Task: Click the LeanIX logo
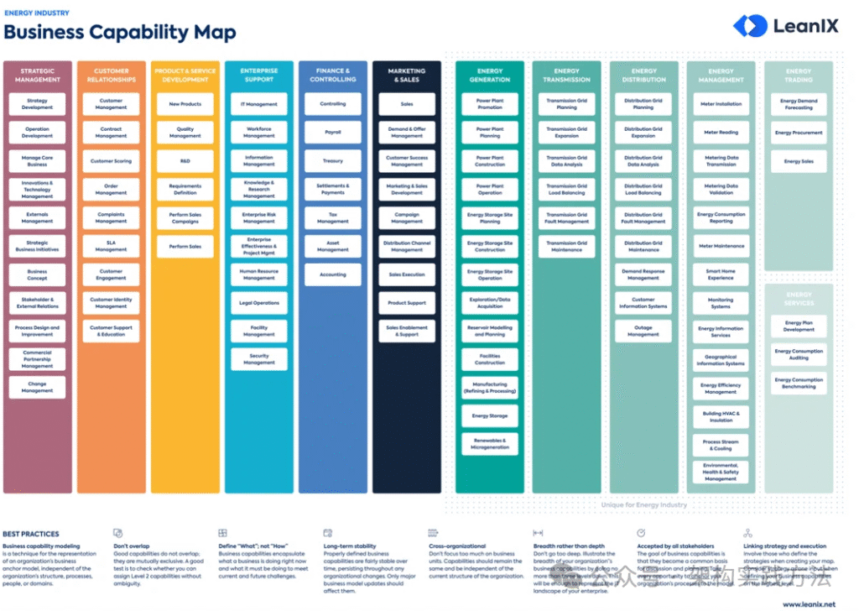click(785, 26)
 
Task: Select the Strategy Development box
click(37, 104)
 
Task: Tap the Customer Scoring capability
click(111, 161)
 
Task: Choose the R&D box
click(185, 160)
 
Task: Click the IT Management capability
click(259, 104)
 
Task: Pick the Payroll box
click(333, 133)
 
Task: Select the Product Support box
click(407, 303)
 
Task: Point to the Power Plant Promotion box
click(490, 104)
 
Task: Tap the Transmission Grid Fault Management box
click(567, 218)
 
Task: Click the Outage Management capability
click(643, 332)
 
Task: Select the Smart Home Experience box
click(721, 274)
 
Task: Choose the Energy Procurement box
click(799, 133)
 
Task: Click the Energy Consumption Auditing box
click(799, 354)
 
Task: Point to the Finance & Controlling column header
click(333, 75)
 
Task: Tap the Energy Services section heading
click(799, 299)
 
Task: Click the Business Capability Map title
click(120, 34)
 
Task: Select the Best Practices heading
click(31, 534)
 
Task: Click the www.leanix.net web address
click(809, 603)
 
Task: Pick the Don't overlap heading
click(132, 546)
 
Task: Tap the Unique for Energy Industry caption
click(644, 505)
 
